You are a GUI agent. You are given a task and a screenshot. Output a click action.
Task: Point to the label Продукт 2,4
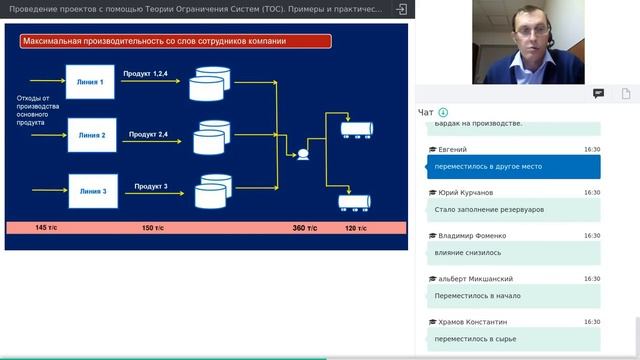point(149,133)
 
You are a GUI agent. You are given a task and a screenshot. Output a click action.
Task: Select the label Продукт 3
point(151,186)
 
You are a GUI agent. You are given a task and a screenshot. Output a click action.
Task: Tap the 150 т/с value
point(154,229)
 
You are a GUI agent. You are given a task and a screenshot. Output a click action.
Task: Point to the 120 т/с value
point(357,229)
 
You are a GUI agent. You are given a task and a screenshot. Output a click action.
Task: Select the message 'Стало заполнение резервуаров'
point(490,210)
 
